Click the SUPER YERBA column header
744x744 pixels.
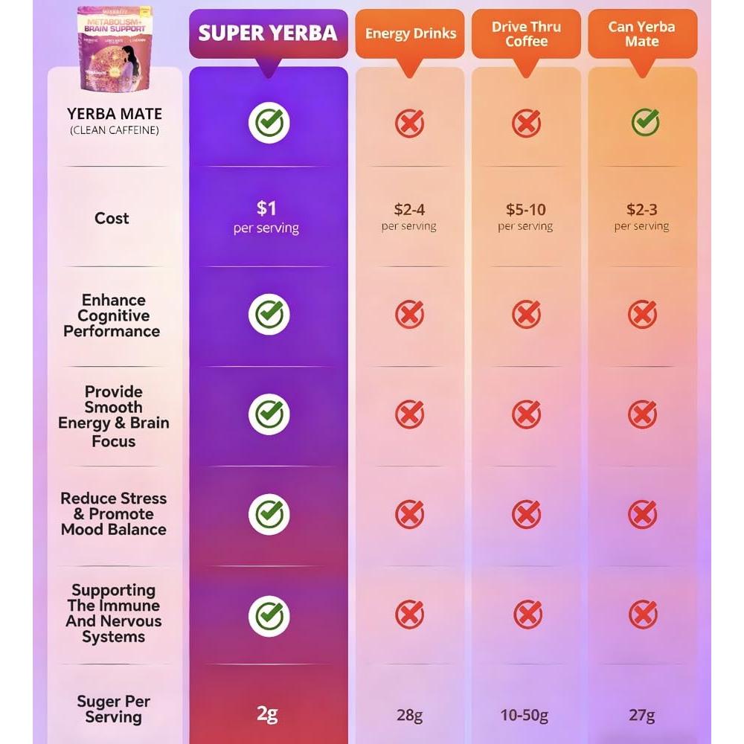268,33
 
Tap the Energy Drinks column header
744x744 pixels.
410,33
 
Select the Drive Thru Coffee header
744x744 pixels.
526,34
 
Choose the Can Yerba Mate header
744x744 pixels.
642,34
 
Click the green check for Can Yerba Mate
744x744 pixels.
644,122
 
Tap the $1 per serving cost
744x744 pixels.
266,217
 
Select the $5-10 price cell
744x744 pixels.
525,217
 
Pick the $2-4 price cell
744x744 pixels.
409,217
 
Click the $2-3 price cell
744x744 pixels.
641,217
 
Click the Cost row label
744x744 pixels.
112,219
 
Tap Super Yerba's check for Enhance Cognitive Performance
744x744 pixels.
268,314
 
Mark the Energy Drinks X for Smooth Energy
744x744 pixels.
409,414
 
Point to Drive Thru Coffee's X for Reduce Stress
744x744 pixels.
526,514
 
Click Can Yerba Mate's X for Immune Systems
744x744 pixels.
643,615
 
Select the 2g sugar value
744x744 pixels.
267,714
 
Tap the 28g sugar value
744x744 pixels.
409,716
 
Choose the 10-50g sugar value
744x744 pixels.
525,716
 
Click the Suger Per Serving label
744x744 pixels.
113,709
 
